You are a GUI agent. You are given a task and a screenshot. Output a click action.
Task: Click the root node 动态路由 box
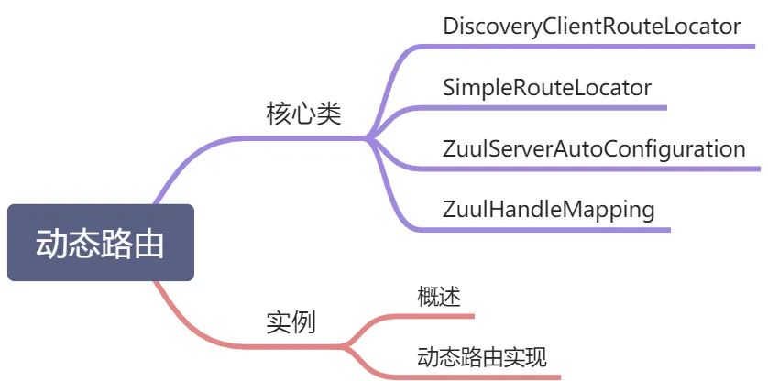101,243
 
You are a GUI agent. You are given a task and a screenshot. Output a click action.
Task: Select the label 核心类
303,114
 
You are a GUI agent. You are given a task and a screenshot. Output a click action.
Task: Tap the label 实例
291,322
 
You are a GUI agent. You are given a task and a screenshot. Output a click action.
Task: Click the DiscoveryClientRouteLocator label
591,26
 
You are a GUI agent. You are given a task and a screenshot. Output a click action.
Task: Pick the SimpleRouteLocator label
547,88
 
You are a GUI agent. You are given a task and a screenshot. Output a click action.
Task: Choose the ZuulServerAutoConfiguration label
594,149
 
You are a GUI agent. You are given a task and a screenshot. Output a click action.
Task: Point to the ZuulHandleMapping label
549,210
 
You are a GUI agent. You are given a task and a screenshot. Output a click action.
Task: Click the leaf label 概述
439,297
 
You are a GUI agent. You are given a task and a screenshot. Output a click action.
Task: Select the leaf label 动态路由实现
482,357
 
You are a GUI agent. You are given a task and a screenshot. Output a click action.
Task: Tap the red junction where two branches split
345,347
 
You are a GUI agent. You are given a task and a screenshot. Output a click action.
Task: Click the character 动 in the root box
51,243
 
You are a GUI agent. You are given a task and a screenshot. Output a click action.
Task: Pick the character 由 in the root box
148,243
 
